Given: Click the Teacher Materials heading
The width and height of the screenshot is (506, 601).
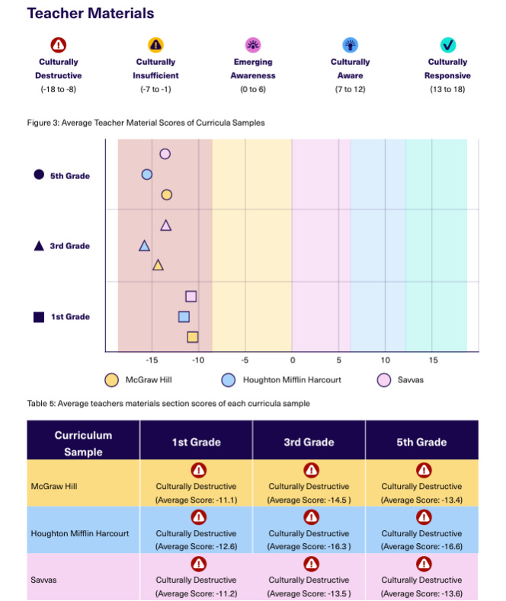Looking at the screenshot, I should point(90,14).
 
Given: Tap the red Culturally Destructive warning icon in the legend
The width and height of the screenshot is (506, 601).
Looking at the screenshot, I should point(59,45).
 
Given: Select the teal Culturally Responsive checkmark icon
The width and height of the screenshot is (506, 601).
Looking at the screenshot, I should point(448,45).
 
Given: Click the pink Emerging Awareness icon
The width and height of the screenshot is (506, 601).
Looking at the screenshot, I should point(253,45).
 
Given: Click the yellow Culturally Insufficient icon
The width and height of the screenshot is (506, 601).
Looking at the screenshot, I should point(155,45).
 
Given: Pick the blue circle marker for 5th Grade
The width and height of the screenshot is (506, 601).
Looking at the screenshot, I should point(147,174).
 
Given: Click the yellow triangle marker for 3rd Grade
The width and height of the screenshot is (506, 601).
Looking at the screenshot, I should point(158,265).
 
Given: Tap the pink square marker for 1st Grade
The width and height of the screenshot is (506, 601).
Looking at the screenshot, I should point(191,296).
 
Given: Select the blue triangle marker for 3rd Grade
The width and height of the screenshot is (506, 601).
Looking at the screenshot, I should point(144,245).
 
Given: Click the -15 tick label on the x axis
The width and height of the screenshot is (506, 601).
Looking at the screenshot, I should point(151,360).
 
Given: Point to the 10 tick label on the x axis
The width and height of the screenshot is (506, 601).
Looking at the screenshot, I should point(385,360).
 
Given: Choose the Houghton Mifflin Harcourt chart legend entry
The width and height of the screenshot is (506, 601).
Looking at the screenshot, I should point(281,379).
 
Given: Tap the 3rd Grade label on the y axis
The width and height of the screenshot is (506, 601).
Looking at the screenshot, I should point(69,246).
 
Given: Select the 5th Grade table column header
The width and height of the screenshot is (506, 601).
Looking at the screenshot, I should point(421,442).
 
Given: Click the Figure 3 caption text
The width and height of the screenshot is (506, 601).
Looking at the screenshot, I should point(146,123).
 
